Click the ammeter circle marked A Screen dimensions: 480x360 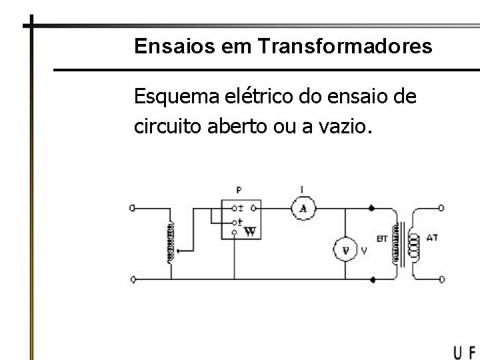pos(304,209)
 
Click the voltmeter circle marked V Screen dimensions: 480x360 pos(345,250)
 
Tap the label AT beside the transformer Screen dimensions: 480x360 pos(432,237)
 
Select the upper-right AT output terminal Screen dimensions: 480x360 pos(442,208)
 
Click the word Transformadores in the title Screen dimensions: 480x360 pos(343,46)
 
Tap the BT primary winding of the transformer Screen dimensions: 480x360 pos(397,242)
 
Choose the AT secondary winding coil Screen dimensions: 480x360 pos(414,244)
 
